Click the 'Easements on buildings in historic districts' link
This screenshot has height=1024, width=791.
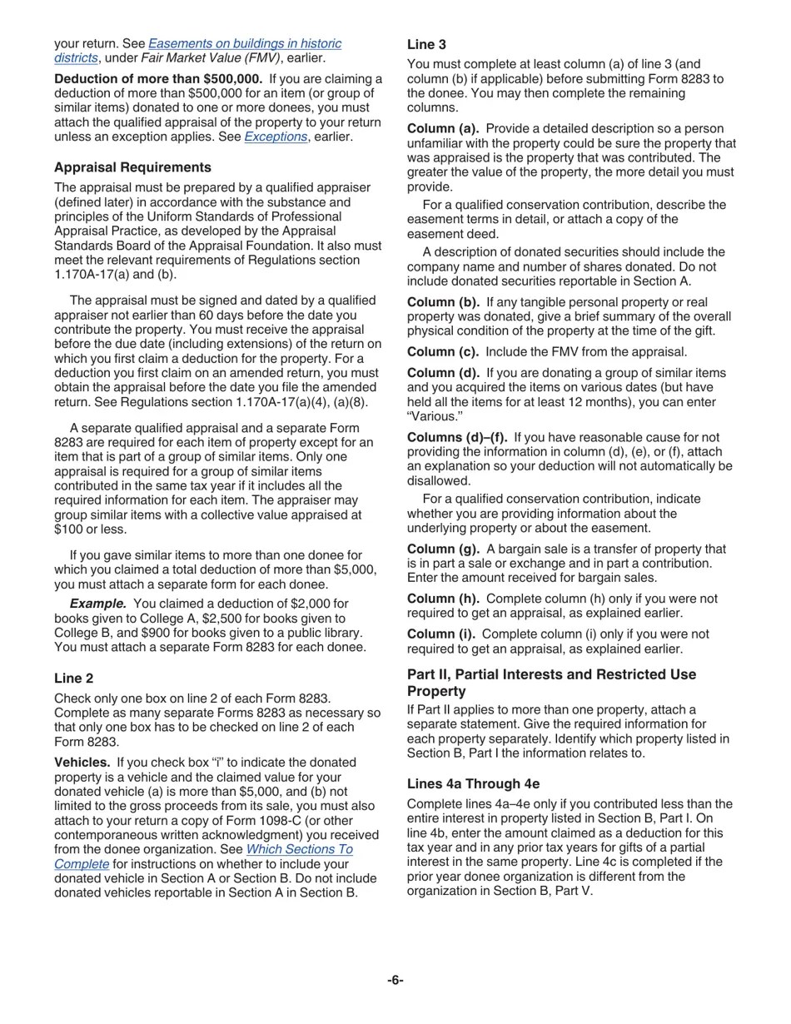click(245, 43)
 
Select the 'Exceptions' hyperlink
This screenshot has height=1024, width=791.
click(276, 137)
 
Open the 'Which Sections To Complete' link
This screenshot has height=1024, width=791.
click(299, 849)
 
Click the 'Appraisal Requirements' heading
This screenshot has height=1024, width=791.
click(132, 167)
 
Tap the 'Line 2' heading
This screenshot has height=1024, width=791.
click(73, 679)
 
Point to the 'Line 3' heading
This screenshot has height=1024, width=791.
click(426, 45)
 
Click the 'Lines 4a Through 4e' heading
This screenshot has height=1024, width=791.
click(473, 784)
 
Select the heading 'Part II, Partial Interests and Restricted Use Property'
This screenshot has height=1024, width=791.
click(551, 683)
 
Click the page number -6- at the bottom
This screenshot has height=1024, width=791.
click(395, 980)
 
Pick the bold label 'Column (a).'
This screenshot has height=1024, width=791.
click(442, 129)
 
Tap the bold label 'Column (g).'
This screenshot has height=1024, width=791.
click(443, 549)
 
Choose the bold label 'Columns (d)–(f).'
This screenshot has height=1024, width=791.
click(456, 438)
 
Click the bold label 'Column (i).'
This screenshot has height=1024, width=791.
click(441, 634)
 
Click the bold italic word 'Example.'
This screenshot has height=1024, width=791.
click(97, 604)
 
